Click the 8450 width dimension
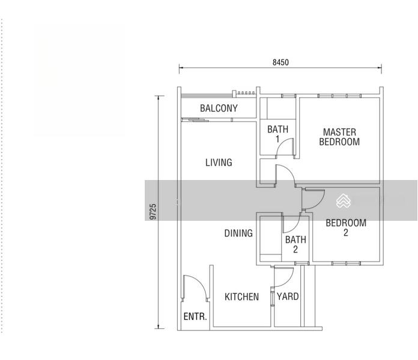coord(280,62)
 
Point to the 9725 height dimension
coord(153,212)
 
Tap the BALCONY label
coord(219,109)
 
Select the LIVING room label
coord(219,163)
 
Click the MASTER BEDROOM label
coord(339,137)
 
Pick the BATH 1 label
coord(278,134)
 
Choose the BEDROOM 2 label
coord(346,227)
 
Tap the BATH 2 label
coord(295,244)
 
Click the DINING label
coord(238,233)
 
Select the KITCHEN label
coord(242,297)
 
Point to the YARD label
coord(288,296)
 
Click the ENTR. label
coord(195,317)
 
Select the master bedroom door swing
coord(289,171)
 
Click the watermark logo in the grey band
coord(343,200)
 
